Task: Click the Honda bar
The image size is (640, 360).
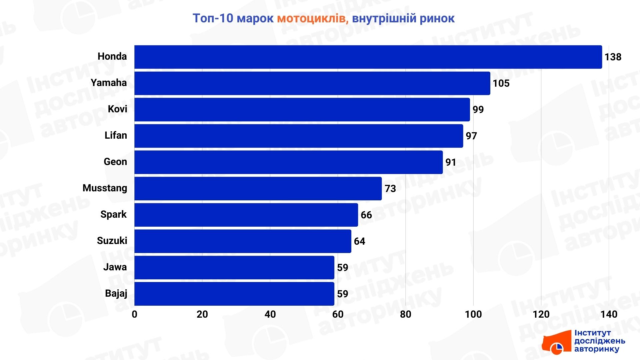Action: point(368,57)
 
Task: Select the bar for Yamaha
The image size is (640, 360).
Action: point(312,83)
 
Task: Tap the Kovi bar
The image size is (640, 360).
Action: point(302,110)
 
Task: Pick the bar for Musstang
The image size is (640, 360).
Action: point(258,189)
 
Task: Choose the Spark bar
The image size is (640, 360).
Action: point(246,215)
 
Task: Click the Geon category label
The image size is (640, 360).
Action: point(115,162)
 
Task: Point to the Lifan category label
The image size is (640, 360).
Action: point(116,135)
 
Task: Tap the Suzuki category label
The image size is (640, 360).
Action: point(112,241)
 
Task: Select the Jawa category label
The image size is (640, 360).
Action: point(115,267)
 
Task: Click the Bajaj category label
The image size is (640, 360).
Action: point(116,293)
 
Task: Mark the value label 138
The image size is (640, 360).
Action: point(613,57)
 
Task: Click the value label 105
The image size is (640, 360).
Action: point(501,83)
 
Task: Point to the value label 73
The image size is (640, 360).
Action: point(390,189)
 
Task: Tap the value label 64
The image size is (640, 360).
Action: point(359,241)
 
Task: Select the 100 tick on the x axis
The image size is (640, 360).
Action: point(473,314)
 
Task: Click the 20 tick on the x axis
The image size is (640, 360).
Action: point(202,314)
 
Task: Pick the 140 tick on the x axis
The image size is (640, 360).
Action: point(609,314)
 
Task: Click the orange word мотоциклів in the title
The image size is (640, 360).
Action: point(313,19)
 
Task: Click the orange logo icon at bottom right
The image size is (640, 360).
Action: point(556,342)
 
